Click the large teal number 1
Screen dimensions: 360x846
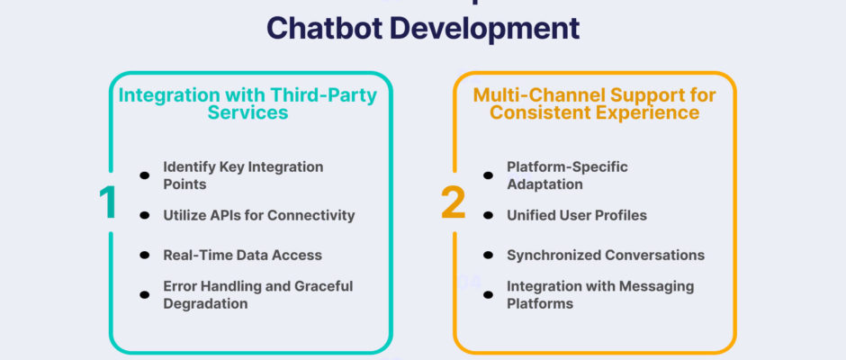(107, 202)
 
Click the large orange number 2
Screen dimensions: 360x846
(453, 202)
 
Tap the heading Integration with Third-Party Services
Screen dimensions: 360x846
(247, 103)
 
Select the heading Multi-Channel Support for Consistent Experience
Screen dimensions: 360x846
(595, 103)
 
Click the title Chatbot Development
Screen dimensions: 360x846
(423, 27)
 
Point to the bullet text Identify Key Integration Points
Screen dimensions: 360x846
(242, 175)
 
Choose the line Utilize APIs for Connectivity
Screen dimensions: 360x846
(258, 215)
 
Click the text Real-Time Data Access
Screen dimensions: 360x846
(241, 255)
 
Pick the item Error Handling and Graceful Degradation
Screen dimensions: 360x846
(257, 294)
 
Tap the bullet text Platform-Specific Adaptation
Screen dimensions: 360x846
(567, 175)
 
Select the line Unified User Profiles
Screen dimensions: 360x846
(577, 215)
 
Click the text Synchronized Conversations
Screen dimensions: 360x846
(605, 255)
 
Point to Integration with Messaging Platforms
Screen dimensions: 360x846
(600, 294)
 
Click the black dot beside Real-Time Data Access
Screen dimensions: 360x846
(144, 256)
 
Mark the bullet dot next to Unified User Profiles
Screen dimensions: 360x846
(488, 216)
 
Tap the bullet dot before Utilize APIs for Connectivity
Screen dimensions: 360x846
(144, 216)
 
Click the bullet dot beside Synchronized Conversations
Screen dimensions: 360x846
(488, 256)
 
